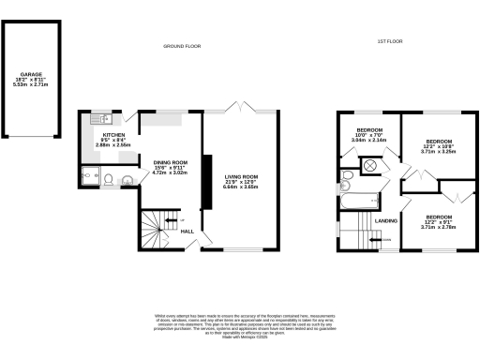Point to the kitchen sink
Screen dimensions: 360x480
(97, 120)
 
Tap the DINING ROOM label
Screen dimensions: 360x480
(171, 162)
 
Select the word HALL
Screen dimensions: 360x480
(187, 231)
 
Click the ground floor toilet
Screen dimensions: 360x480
(109, 180)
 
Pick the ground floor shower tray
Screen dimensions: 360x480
(89, 177)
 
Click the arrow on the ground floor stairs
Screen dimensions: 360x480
(169, 221)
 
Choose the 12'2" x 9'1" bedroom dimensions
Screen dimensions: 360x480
(438, 221)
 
